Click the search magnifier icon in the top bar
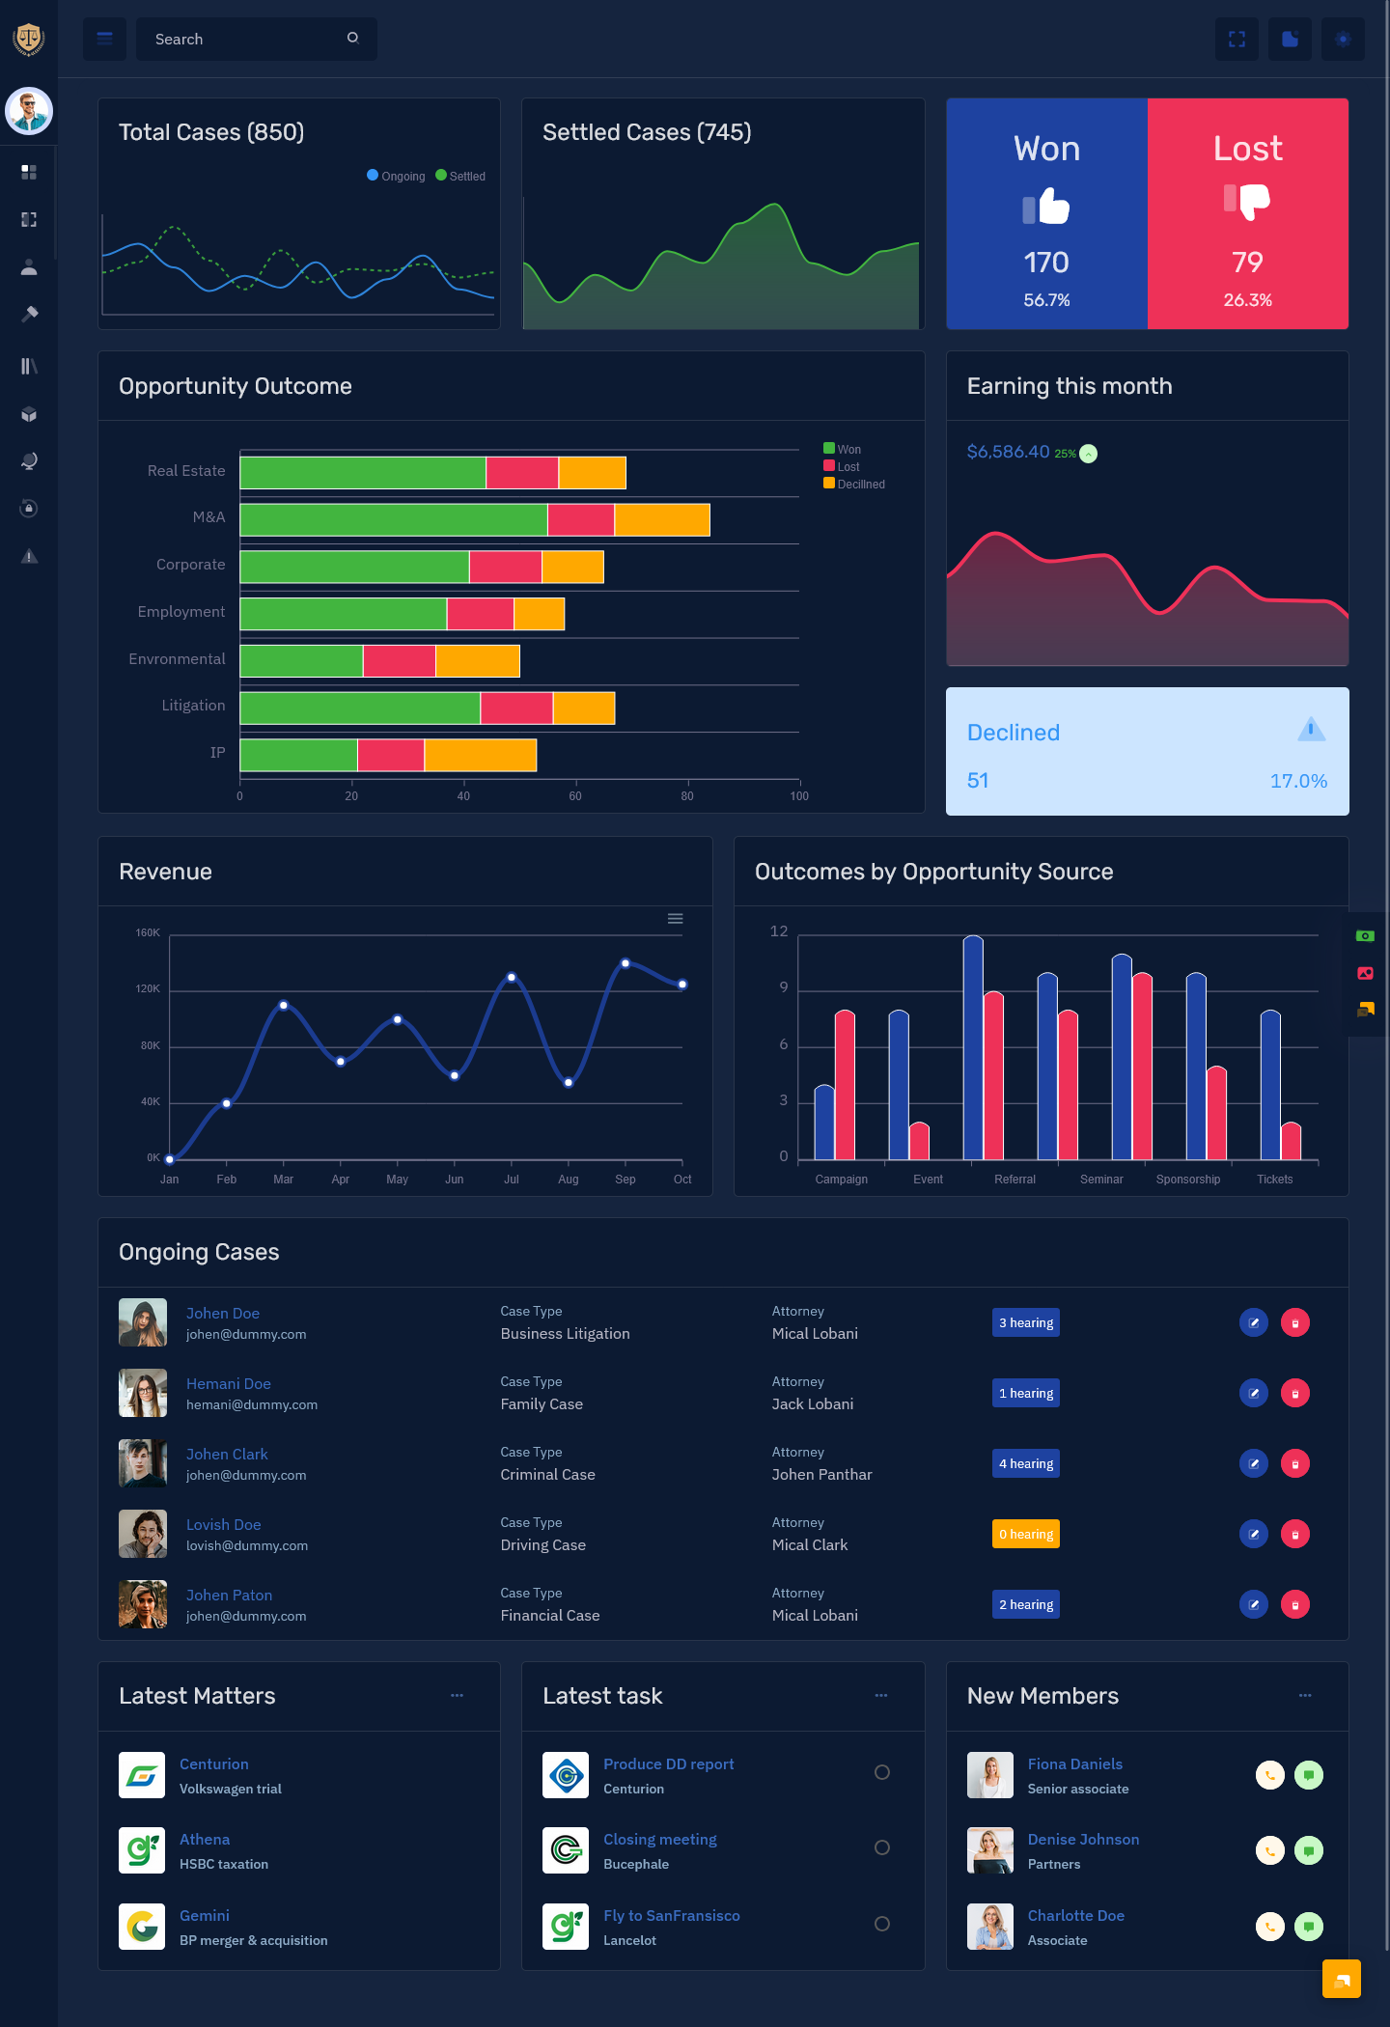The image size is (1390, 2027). tap(353, 38)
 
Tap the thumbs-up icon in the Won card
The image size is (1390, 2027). tap(1047, 207)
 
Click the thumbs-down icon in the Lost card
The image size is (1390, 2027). tap(1247, 201)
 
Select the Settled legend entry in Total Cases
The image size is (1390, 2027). tap(460, 176)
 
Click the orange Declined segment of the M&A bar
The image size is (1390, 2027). tap(662, 519)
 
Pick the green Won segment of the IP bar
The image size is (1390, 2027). tap(298, 755)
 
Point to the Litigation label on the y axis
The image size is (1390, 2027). tap(193, 706)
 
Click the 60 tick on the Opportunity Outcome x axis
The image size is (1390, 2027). tap(575, 796)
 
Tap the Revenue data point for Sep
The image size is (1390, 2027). tap(625, 963)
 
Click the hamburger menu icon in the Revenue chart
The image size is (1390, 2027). tap(676, 919)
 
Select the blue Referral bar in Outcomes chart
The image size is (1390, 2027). tap(973, 1047)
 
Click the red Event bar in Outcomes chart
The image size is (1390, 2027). tap(919, 1141)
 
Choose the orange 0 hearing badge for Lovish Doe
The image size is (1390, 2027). tap(1025, 1534)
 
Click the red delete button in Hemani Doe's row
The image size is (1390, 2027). tap(1294, 1393)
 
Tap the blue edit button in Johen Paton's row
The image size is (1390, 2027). tap(1253, 1604)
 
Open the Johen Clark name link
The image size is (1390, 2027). tap(227, 1454)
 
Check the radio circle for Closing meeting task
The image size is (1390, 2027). tap(881, 1847)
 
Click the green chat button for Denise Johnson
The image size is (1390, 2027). tap(1308, 1850)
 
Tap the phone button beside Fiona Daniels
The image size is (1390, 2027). tap(1269, 1775)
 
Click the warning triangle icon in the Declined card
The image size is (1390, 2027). tap(1311, 729)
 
